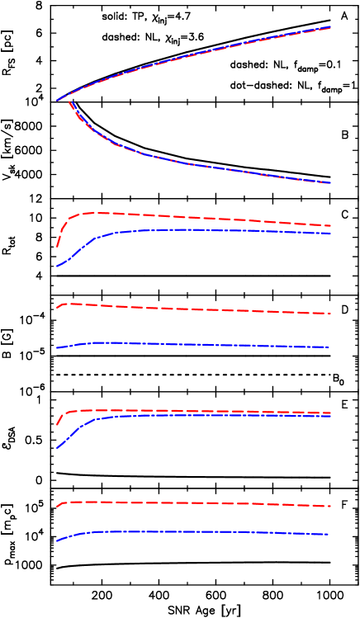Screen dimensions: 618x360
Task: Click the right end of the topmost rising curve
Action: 331,27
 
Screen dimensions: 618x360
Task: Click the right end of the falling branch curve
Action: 331,182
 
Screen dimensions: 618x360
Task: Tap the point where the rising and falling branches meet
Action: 58,101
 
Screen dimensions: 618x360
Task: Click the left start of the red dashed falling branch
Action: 69,101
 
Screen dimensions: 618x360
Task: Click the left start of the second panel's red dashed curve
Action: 57,246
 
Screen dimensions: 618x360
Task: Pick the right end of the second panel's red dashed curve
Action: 331,225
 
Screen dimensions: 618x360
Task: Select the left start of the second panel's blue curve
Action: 57,266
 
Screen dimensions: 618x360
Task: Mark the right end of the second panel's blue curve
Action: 331,234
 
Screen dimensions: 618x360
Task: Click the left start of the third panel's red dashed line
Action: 57,307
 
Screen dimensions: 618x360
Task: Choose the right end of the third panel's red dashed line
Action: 331,314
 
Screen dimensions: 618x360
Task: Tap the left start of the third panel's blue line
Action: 57,348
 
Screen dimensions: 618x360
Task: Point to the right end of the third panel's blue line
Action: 330,347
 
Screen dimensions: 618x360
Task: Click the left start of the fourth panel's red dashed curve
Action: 57,424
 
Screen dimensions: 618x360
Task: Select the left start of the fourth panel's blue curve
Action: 57,447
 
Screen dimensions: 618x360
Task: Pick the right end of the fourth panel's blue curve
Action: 331,416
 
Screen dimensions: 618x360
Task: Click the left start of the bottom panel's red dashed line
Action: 57,506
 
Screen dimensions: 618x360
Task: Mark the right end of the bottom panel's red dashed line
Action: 331,506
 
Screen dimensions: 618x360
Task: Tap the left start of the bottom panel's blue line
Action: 57,540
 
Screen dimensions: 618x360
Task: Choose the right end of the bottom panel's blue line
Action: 329,535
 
